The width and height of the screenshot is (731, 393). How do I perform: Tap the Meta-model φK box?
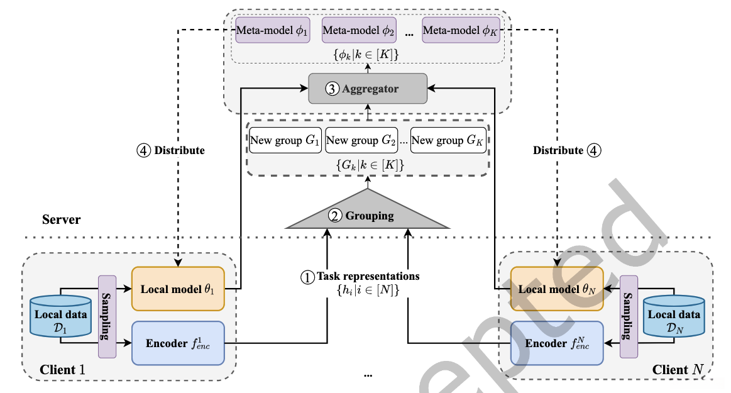461,30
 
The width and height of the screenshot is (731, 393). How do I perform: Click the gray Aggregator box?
368,89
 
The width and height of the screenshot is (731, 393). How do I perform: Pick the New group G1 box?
285,140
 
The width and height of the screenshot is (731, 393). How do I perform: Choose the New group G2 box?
363,140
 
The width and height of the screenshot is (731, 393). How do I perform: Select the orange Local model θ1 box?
178,289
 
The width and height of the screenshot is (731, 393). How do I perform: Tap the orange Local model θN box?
556,289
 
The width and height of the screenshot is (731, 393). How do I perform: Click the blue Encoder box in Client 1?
178,343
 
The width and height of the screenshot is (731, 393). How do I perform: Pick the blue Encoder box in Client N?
556,343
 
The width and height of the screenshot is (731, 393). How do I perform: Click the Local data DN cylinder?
674,318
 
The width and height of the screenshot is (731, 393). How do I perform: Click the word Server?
61,219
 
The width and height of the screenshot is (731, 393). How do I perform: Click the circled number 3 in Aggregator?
331,89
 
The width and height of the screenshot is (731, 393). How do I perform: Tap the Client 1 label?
62,369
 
